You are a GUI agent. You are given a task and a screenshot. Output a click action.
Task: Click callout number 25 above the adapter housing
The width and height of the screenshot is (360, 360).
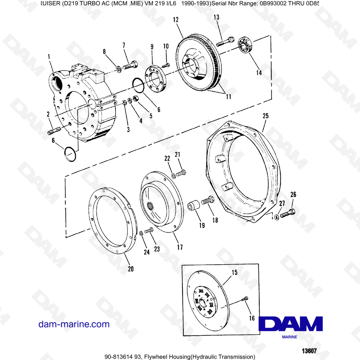tap(265, 116)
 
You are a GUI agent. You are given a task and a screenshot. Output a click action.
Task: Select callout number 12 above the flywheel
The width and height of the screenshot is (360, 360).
tap(176, 20)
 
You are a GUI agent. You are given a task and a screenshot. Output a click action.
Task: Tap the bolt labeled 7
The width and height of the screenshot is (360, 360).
tap(130, 66)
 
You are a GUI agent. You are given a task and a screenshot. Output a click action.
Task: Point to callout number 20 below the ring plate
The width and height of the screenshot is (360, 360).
tap(131, 269)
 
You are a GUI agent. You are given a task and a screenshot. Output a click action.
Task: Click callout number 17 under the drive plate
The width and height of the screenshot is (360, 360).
tap(180, 247)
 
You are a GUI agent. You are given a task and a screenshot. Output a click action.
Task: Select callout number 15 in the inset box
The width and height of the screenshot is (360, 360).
tap(234, 273)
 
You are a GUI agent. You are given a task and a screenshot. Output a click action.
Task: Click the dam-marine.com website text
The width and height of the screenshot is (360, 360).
tap(74, 324)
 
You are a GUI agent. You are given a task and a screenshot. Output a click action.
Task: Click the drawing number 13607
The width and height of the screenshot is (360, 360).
tap(309, 351)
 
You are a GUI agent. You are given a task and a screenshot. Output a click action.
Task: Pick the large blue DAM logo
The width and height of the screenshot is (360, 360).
tap(291, 324)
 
